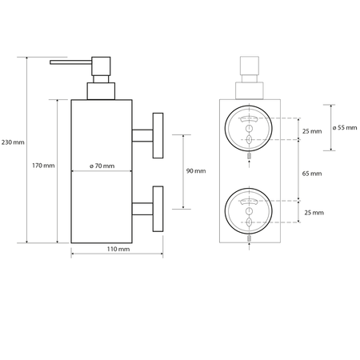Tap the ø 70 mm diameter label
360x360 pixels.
[x=103, y=166]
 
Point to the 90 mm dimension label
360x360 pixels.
[x=194, y=171]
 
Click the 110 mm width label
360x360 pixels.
[x=118, y=250]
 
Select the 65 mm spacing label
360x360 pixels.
[x=312, y=173]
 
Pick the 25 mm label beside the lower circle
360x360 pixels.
[x=313, y=213]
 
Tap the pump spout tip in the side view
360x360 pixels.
[x=53, y=61]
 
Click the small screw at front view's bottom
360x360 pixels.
[x=248, y=239]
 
